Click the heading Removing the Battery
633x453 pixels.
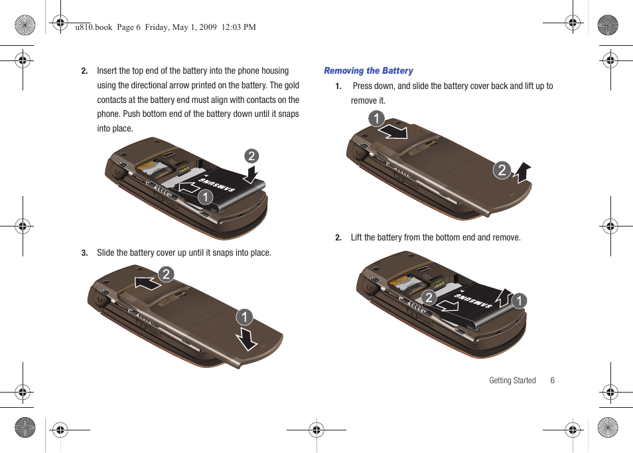click(368, 71)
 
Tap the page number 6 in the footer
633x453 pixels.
click(552, 381)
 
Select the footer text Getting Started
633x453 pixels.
click(512, 381)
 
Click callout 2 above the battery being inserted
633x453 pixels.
click(251, 156)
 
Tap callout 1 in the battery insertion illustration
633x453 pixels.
click(205, 197)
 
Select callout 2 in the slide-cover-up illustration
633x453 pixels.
click(166, 274)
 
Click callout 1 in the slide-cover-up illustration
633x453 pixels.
click(245, 317)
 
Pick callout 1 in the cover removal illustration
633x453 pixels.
click(376, 119)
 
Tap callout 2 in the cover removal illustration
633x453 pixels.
click(502, 170)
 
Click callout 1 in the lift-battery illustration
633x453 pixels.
click(519, 301)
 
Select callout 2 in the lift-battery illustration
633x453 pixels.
click(429, 298)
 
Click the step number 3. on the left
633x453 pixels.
click(85, 253)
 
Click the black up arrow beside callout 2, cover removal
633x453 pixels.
click(522, 172)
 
